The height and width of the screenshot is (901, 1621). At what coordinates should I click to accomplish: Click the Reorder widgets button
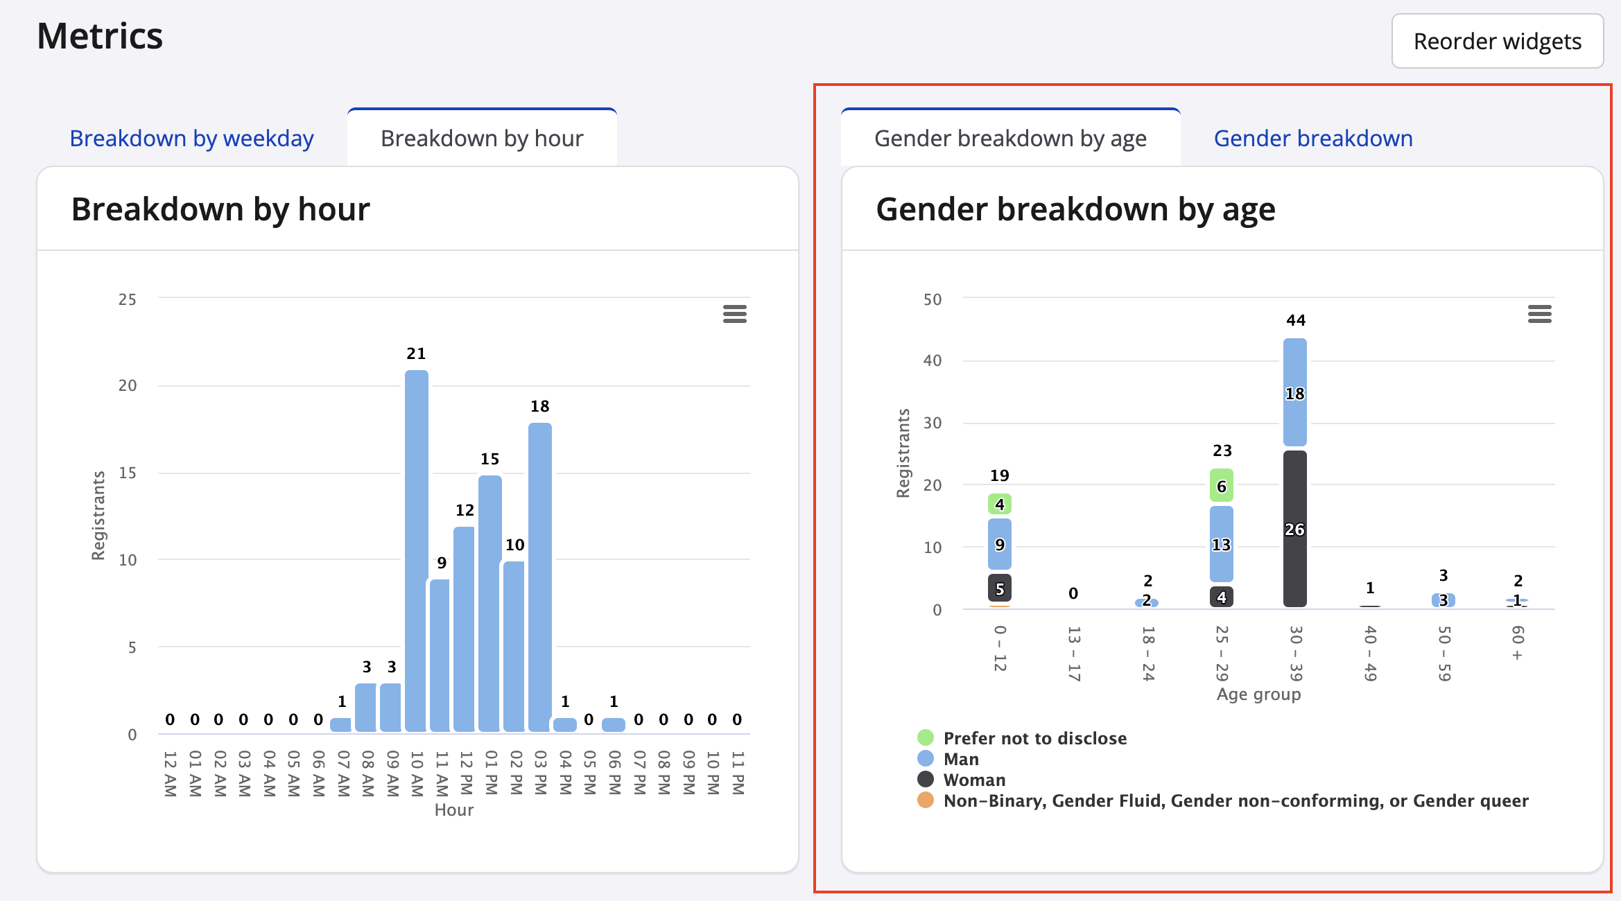coord(1497,42)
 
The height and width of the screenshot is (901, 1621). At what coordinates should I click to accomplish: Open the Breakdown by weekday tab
coord(191,139)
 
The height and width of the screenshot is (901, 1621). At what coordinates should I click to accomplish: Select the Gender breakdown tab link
coord(1312,139)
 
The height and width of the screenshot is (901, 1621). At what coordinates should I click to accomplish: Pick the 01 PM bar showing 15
coord(490,603)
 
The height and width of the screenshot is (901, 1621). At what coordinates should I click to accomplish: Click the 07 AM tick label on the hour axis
coord(343,773)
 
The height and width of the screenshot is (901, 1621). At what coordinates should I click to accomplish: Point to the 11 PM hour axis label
coord(738,773)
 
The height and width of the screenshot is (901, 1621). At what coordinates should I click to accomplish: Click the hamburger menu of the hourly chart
coord(735,314)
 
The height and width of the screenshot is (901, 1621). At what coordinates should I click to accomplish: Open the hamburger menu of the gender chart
coord(1539,314)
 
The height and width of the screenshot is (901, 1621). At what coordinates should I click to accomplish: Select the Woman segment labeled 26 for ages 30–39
coord(1294,529)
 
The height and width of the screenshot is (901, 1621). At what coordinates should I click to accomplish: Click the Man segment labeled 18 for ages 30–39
coord(1294,393)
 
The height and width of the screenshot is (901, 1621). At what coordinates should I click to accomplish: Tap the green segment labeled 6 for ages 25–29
coord(1221,486)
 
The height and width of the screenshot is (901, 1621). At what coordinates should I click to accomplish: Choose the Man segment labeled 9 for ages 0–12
coord(999,544)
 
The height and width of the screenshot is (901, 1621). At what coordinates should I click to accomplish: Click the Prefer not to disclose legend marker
coord(925,737)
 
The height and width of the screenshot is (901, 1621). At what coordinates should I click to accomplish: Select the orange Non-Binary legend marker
coord(925,801)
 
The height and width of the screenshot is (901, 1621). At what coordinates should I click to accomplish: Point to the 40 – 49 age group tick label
coord(1370,653)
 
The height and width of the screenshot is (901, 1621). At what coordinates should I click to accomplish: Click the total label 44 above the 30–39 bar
coord(1295,320)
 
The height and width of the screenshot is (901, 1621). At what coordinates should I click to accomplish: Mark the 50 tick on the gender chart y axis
coord(933,299)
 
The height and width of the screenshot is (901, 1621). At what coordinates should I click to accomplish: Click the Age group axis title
coord(1258,694)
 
